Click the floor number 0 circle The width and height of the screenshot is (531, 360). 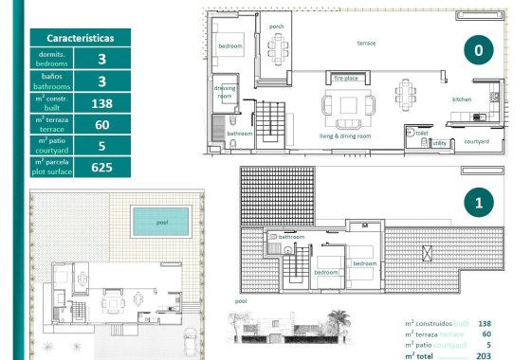pyautogui.click(x=479, y=49)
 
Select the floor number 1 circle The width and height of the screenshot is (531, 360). pyautogui.click(x=479, y=203)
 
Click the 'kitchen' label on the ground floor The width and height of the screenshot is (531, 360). pyautogui.click(x=462, y=99)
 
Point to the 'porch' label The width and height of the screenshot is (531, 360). pyautogui.click(x=277, y=27)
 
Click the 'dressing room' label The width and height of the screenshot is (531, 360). pyautogui.click(x=225, y=93)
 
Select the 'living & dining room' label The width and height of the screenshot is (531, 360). pyautogui.click(x=344, y=135)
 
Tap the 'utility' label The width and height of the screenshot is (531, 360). pyautogui.click(x=439, y=143)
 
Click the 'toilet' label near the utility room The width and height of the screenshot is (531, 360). pyautogui.click(x=422, y=134)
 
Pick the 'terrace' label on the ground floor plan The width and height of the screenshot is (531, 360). pyautogui.click(x=366, y=44)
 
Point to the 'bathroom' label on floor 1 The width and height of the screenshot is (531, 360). pyautogui.click(x=291, y=236)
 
